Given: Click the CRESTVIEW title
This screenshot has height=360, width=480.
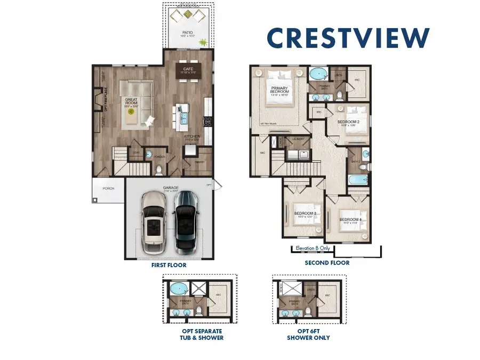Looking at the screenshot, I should pyautogui.click(x=348, y=37).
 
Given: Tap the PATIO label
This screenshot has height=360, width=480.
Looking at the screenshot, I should pyautogui.click(x=187, y=33).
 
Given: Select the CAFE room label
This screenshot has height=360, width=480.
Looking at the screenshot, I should pyautogui.click(x=187, y=68).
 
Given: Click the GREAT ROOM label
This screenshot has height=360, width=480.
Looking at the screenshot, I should pyautogui.click(x=131, y=100).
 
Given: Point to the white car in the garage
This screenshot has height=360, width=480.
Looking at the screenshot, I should pyautogui.click(x=154, y=223).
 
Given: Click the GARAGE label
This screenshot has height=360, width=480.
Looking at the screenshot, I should pyautogui.click(x=171, y=188).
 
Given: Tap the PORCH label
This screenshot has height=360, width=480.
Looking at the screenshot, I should pyautogui.click(x=108, y=188).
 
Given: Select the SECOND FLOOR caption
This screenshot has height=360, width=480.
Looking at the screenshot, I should pyautogui.click(x=327, y=263).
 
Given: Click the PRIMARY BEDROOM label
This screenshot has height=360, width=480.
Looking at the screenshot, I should pyautogui.click(x=280, y=90).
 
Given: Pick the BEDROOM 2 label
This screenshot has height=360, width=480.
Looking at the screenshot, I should pyautogui.click(x=348, y=122).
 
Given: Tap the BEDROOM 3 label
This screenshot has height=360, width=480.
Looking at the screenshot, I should pyautogui.click(x=305, y=214).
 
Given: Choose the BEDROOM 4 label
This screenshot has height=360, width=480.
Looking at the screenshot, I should pyautogui.click(x=351, y=220).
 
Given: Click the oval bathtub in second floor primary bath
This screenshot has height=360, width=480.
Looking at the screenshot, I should pyautogui.click(x=319, y=73).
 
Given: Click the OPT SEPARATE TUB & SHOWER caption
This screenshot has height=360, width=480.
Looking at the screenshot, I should pyautogui.click(x=202, y=334).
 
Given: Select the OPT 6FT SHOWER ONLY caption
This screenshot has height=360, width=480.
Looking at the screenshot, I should pyautogui.click(x=308, y=334).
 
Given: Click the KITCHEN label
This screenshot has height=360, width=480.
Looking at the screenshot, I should pyautogui.click(x=192, y=136).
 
